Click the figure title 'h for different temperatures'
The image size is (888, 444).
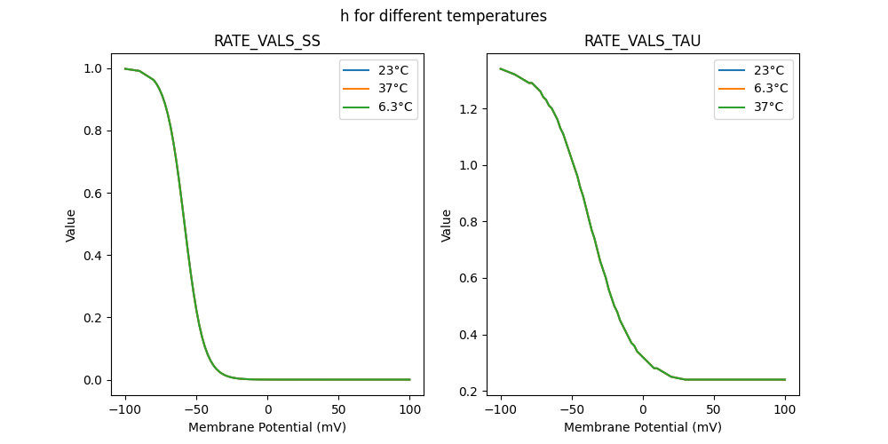pyautogui.click(x=443, y=16)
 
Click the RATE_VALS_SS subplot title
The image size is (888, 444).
pyautogui.click(x=266, y=41)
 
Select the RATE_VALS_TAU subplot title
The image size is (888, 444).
pyautogui.click(x=642, y=41)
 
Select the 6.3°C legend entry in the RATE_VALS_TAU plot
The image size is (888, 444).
pyautogui.click(x=770, y=89)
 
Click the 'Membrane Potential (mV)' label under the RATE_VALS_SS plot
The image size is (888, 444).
pyautogui.click(x=266, y=427)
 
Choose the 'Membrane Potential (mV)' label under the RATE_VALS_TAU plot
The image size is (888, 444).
pyautogui.click(x=642, y=427)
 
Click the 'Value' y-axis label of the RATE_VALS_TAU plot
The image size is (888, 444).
pyautogui.click(x=447, y=225)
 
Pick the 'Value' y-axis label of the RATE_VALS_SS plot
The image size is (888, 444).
pyautogui.click(x=71, y=225)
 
